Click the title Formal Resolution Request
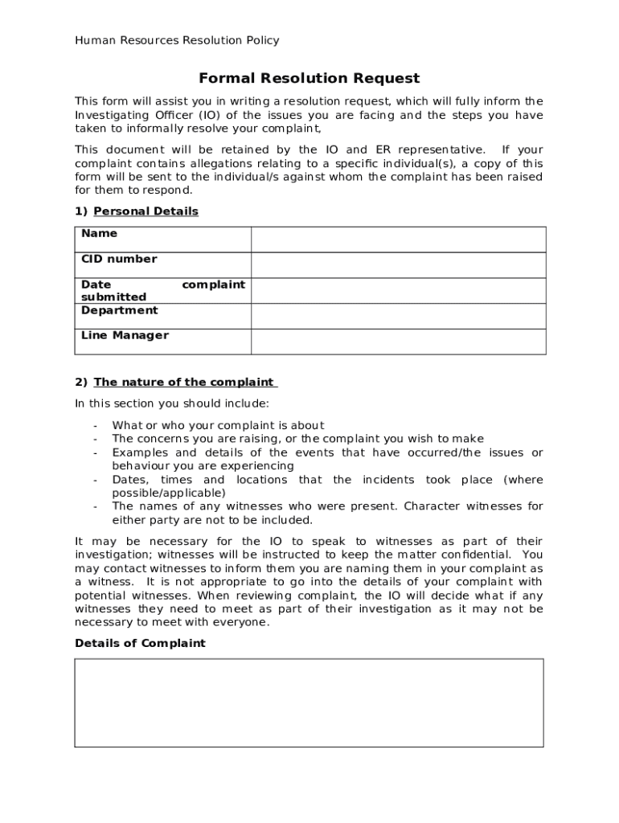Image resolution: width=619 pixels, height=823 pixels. pos(309,78)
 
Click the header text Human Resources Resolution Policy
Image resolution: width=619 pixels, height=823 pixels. pos(177,40)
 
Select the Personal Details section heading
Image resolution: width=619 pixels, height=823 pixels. pos(146,211)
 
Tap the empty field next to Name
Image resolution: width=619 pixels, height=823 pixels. pos(398,240)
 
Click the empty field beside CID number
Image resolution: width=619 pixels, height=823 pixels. pos(398,265)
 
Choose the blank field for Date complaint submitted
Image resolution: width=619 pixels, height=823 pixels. pos(398,291)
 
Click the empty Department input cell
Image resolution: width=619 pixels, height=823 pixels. pos(398,316)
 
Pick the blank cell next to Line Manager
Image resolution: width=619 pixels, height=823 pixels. pos(398,342)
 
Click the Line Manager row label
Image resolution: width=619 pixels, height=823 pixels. pos(125,335)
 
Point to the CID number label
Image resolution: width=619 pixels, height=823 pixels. pos(119,259)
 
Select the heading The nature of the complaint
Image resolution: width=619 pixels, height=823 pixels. pos(185,382)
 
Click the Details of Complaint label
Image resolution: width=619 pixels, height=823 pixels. pos(140,643)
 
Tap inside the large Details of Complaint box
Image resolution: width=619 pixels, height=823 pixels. pos(309,702)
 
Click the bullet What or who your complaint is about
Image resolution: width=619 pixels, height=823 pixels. pos(218,425)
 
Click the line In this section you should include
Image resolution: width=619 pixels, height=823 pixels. pos(172,403)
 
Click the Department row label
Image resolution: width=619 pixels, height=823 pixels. pos(119,310)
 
